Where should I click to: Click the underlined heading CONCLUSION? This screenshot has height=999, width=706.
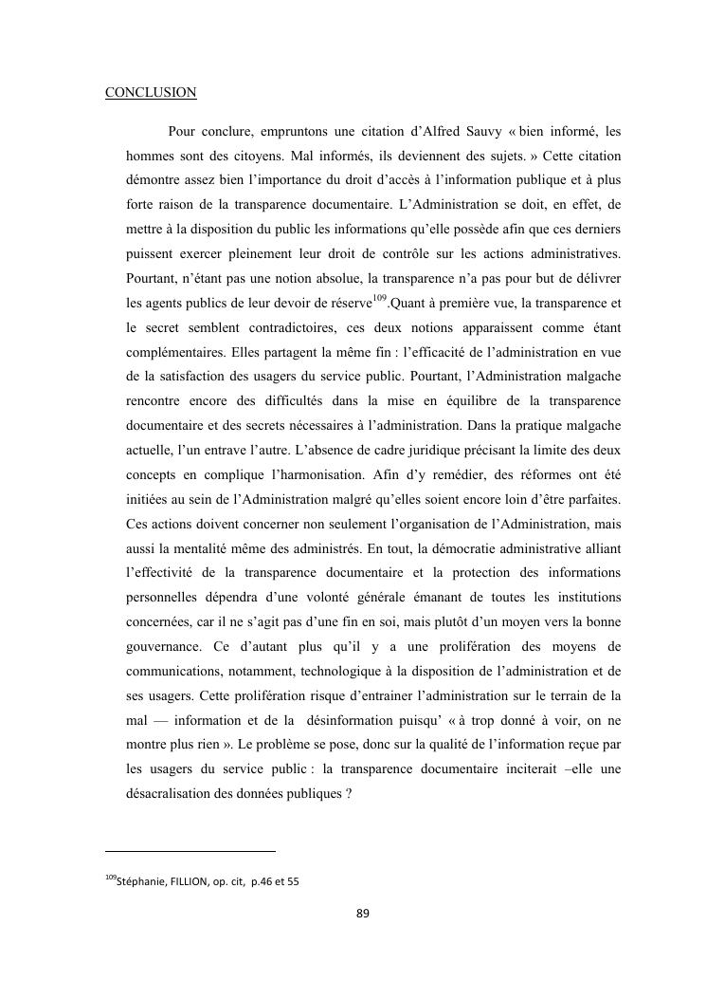pyautogui.click(x=151, y=93)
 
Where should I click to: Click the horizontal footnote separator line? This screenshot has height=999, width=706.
pyautogui.click(x=190, y=851)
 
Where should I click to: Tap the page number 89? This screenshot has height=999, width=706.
pyautogui.click(x=362, y=914)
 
